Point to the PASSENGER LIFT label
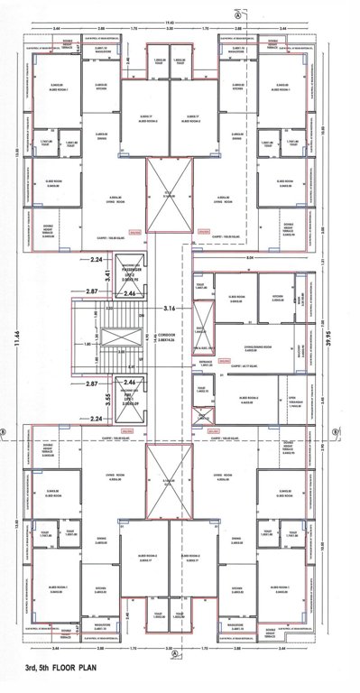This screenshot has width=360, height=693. tap(133, 276)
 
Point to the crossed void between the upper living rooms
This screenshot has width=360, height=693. tap(170, 193)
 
